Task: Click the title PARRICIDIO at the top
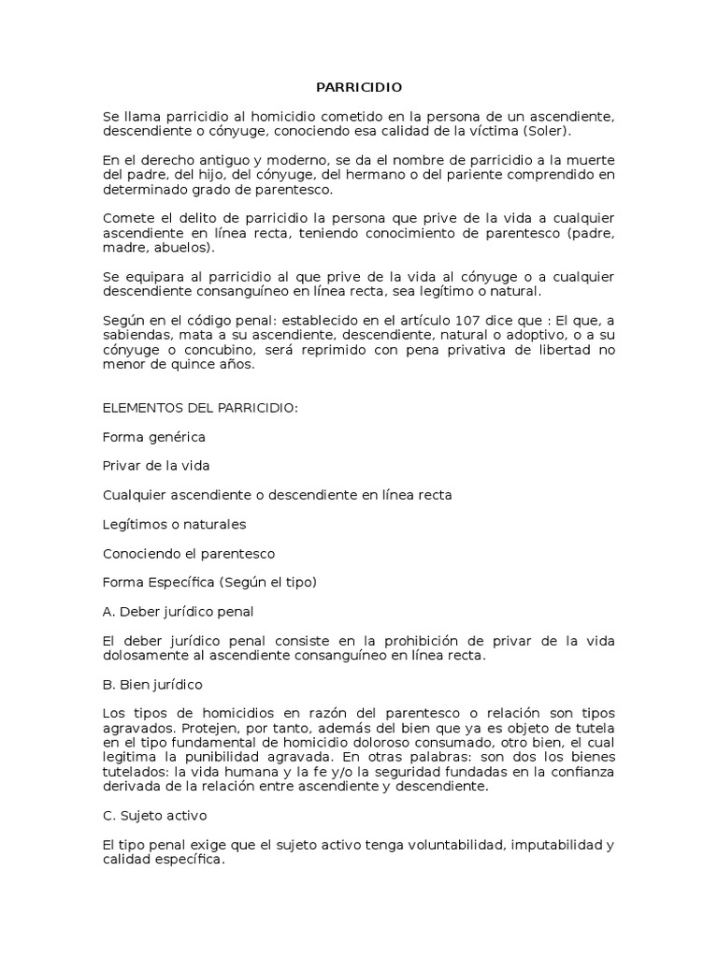(x=358, y=87)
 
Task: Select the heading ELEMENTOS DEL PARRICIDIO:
(x=200, y=408)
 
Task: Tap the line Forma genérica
(x=153, y=437)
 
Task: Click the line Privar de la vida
(x=156, y=466)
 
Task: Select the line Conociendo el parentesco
(x=189, y=553)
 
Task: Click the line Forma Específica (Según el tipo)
(x=210, y=582)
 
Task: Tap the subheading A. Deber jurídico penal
(x=178, y=611)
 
